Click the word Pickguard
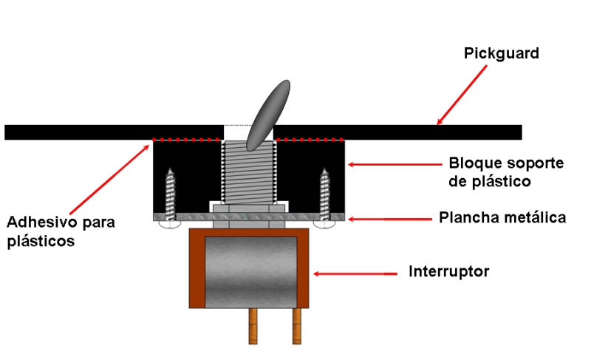coord(501,54)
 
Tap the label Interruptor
coord(448,272)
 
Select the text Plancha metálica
coord(502,218)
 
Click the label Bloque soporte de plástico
coord(496,171)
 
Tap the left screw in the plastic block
coord(171,193)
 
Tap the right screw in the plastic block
coord(324,193)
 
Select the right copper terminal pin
coord(298,325)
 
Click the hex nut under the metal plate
coord(248,223)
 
